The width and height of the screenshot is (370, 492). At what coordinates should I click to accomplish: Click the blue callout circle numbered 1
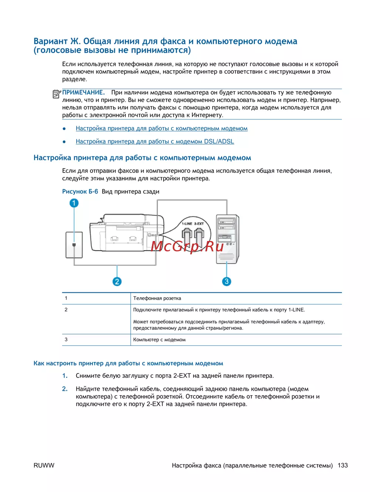pos(74,203)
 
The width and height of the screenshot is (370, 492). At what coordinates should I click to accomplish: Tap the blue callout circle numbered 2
pos(117,281)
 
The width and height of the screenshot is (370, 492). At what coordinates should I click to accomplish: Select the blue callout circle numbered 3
pos(226,281)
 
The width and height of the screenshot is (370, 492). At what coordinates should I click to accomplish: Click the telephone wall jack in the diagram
pos(74,245)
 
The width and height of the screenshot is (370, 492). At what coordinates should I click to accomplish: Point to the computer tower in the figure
pos(227,239)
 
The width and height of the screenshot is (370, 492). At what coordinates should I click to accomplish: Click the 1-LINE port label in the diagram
pos(186,224)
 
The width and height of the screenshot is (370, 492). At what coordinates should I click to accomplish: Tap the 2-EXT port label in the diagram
pos(199,224)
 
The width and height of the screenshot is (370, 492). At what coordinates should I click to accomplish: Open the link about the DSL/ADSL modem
pos(155,142)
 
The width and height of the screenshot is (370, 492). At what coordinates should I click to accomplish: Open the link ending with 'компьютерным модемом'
pos(161,129)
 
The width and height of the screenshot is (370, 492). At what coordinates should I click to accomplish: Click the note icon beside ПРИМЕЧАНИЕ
pos(57,94)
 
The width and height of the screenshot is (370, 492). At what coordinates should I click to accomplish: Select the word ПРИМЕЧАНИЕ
pos(83,93)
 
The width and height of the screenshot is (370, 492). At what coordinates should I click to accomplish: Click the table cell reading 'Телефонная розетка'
pos(157,298)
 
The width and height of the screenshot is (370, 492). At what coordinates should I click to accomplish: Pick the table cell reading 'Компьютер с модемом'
pos(159,340)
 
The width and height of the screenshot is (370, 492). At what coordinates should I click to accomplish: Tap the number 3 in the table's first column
pos(66,339)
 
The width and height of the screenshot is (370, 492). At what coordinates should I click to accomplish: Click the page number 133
pos(343,465)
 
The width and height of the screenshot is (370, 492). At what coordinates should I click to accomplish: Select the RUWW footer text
pos(44,465)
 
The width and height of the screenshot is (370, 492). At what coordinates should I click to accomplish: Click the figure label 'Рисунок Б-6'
pos(80,191)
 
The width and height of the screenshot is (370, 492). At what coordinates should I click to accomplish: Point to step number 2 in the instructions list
pos(65,389)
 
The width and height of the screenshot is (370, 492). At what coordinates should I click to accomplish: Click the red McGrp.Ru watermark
pos(187,246)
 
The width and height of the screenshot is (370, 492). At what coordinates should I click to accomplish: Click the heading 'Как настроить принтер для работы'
pos(128,363)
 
